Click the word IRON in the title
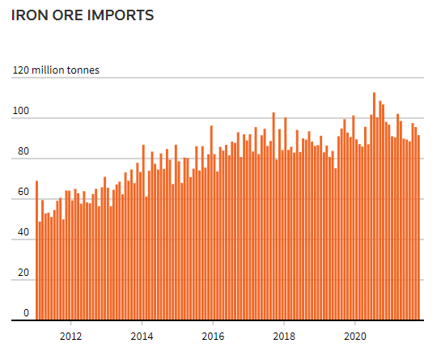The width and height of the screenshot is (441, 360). click(29, 15)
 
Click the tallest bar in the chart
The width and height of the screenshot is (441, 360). click(374, 206)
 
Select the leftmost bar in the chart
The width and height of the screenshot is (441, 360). click(36, 251)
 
